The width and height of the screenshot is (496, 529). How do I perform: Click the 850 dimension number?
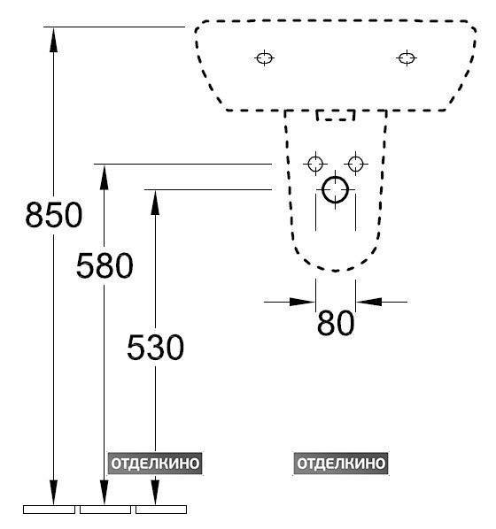pos(54,215)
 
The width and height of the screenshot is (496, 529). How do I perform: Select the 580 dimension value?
pos(105,265)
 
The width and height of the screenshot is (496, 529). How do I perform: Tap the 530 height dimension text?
pos(155,347)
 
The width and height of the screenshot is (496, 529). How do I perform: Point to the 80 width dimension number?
pos(336,323)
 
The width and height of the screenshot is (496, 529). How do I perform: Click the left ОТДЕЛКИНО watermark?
pos(155,464)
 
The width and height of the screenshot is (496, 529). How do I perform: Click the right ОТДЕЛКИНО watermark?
pos(341,464)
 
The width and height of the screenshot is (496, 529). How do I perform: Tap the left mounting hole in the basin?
pos(265,57)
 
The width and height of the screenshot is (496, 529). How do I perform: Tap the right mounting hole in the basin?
pos(407,57)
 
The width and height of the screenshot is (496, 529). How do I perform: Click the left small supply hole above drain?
pos(315,164)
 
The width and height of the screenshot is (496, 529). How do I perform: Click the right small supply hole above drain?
pos(355,164)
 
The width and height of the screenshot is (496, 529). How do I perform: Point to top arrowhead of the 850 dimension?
pos(53,40)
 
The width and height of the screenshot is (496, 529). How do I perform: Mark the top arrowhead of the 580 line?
pos(104,177)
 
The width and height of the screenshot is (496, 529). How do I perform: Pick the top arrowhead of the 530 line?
pos(155,203)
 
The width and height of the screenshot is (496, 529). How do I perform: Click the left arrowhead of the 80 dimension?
pos(302,302)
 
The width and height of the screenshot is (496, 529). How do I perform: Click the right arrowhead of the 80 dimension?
pos(368,302)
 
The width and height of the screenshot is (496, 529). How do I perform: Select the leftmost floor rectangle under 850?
pos(49,510)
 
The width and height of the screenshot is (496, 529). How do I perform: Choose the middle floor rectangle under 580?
pos(105,510)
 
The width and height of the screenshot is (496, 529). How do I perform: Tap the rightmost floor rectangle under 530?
pos(161,510)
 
